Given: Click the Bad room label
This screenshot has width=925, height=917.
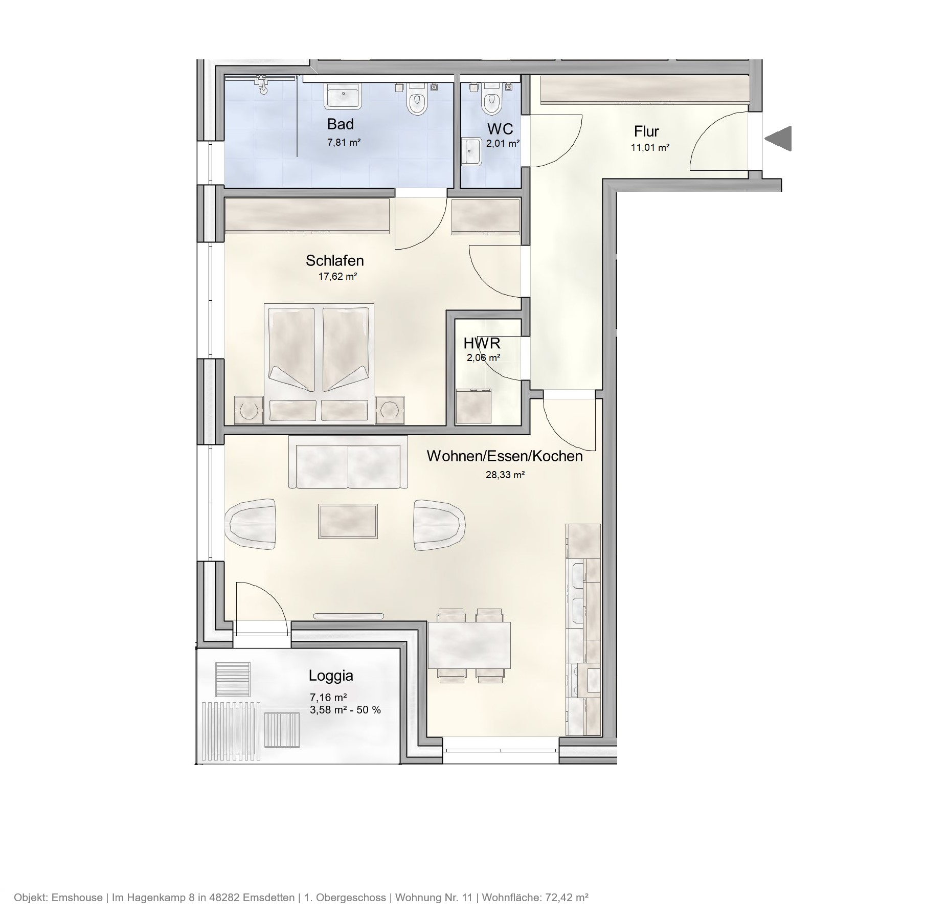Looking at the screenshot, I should pos(340,124).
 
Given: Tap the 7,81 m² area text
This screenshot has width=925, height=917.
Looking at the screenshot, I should pos(344,143).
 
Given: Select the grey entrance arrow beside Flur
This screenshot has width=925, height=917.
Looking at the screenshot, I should pos(779,139).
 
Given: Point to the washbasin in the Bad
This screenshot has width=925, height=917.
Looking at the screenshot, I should pos(344,96).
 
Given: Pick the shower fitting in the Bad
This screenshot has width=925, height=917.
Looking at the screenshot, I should pos(262,85).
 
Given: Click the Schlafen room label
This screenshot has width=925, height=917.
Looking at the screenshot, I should pos(334,261).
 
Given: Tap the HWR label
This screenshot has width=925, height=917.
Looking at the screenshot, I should pos(482,343).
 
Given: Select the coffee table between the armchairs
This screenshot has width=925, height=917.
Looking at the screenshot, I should pos(348,521).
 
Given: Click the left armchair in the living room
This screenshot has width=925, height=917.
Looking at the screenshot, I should pos(251,524).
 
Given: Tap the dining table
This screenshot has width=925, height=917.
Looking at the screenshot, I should pos(469,645).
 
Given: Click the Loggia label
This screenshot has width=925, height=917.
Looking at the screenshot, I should pos(331,676).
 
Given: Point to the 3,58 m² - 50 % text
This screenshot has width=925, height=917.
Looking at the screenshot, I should pos(345,710).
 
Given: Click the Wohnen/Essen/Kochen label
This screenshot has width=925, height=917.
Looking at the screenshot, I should pos(504,456).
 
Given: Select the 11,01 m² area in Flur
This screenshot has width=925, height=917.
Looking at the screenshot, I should pos(650,148).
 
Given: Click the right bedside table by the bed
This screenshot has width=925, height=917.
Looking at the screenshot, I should pos(390,410).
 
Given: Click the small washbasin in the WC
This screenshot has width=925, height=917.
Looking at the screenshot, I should pos(471,151).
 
